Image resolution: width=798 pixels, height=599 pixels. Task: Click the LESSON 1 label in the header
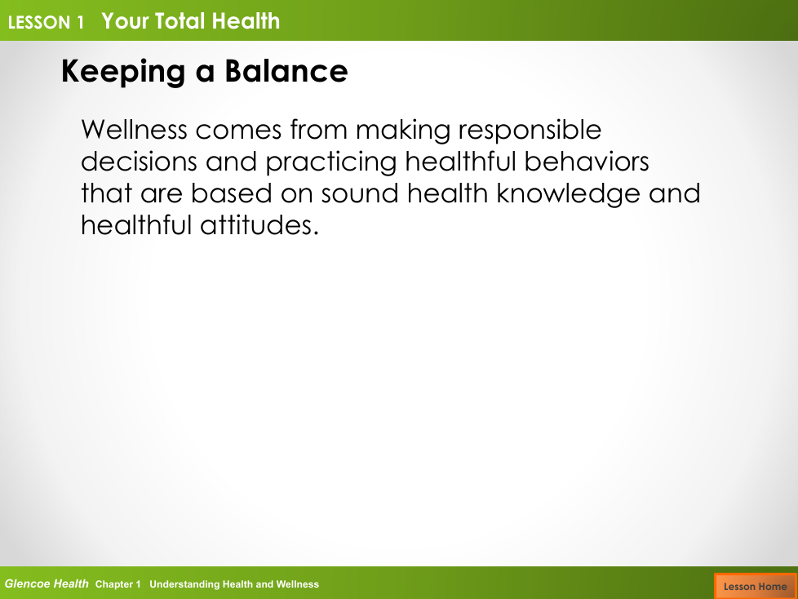coord(46,22)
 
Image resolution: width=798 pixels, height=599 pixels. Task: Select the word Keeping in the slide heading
coord(123,72)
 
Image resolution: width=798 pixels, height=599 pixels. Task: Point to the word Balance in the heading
coord(286,71)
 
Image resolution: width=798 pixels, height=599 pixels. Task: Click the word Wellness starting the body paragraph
coord(135,129)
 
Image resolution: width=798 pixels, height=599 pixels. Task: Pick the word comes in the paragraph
coord(238,131)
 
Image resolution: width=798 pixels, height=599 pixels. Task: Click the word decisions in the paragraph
coord(139,162)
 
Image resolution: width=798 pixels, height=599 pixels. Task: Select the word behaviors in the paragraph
coord(587,162)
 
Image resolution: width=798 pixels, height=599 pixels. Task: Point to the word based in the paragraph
coord(232,193)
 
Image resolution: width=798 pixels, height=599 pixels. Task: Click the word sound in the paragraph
coord(360,193)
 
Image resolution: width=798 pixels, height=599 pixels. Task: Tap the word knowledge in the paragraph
coord(568,194)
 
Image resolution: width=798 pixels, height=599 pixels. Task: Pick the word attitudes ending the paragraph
coord(259,225)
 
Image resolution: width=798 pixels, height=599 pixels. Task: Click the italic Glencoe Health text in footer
coord(47,583)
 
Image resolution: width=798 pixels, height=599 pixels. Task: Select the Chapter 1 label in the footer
coord(118,584)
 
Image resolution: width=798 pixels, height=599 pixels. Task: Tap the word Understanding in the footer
coord(184,585)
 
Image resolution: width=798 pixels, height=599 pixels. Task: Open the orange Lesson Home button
coord(756,586)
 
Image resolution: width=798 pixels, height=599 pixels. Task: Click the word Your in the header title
coord(125,21)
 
